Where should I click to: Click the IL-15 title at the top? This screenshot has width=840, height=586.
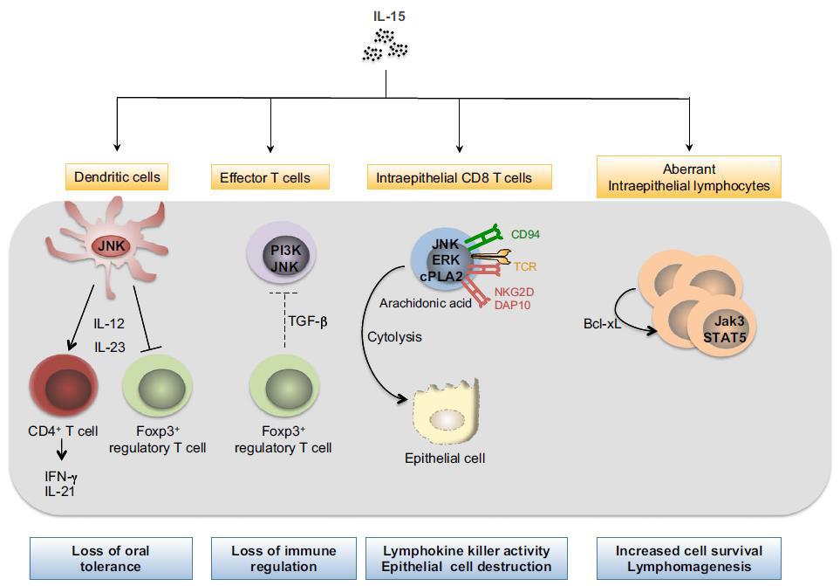coord(385,15)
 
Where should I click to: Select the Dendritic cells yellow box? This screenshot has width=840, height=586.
coord(116,177)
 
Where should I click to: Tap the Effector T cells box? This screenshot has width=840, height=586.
coord(271,178)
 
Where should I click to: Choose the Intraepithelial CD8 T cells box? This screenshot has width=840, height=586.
coord(459,178)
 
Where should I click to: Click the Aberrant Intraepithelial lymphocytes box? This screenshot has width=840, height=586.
coord(689,176)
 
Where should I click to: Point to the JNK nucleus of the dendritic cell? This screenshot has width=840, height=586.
coord(112,245)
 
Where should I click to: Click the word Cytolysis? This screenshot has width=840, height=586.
coord(395,335)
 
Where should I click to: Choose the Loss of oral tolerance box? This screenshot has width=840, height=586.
coord(110,559)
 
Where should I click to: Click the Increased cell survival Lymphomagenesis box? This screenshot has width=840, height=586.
coord(688,559)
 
